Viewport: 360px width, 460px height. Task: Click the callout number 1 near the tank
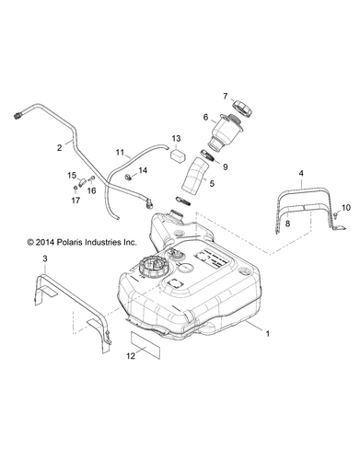(268, 352)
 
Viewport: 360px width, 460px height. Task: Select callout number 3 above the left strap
(45, 261)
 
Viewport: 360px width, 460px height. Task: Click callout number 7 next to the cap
(224, 97)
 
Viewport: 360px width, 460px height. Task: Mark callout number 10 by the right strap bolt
(346, 234)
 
